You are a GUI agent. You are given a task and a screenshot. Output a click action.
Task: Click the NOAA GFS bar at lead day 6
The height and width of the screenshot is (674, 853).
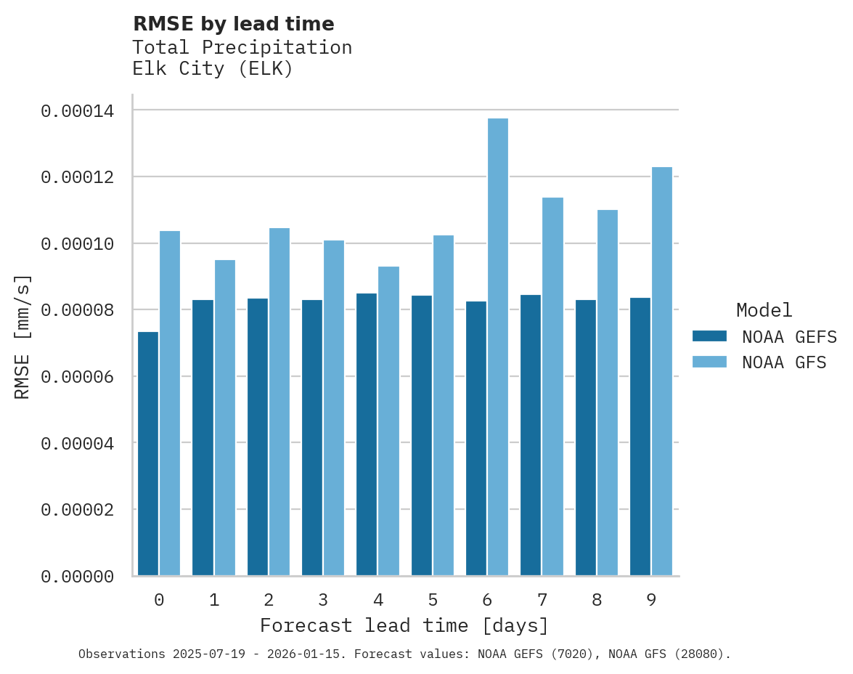click(498, 347)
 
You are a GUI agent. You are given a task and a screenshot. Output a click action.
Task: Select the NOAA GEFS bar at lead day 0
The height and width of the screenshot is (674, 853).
click(148, 454)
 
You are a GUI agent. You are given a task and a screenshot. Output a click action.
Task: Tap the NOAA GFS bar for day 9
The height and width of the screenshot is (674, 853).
click(662, 371)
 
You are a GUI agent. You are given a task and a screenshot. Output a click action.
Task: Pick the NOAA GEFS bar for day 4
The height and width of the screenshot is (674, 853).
click(367, 434)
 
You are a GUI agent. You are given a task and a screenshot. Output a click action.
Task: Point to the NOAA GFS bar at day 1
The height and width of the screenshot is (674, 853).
click(225, 418)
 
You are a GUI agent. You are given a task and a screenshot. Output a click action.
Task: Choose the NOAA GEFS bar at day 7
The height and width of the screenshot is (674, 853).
click(531, 435)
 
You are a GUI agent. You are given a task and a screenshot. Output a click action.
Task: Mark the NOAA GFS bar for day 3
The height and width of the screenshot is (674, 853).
click(334, 407)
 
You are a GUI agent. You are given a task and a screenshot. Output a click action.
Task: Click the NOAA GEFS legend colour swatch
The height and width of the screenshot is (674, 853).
click(710, 336)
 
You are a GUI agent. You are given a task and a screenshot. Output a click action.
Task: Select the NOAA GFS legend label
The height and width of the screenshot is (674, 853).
click(784, 362)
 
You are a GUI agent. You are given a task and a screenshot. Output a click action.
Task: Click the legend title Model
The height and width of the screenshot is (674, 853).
click(764, 310)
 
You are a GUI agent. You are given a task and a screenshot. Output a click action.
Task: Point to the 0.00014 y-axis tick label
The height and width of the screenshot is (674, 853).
click(78, 111)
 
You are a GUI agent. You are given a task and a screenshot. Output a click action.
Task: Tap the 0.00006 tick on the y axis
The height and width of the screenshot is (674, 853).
click(78, 377)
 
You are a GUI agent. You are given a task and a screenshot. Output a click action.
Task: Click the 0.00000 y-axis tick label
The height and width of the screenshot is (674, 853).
click(78, 577)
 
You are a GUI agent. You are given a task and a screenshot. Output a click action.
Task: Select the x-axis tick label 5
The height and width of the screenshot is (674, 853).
click(433, 600)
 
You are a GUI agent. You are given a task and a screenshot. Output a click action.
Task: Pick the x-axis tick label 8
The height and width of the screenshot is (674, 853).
click(597, 600)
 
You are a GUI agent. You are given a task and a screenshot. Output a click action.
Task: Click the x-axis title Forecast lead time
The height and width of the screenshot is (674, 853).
click(404, 625)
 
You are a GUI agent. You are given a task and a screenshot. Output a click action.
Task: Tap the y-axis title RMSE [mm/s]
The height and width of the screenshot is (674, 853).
click(23, 337)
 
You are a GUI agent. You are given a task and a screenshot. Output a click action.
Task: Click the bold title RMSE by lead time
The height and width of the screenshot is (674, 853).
click(234, 24)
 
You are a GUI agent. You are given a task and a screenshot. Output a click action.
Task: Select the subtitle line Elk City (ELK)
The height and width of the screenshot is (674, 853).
click(213, 70)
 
